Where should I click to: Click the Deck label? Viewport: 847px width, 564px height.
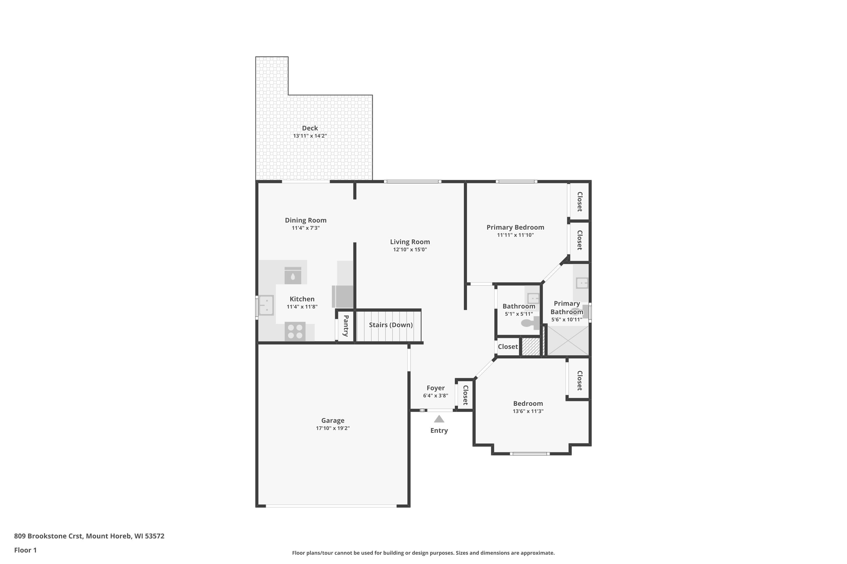[310, 128]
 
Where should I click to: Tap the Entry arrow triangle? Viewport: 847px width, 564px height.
[439, 419]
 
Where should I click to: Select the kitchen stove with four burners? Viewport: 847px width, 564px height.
[295, 331]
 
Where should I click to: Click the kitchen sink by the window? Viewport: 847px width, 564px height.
[266, 305]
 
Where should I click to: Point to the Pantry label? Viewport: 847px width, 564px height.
[346, 326]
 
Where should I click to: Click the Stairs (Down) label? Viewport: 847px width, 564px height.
[391, 325]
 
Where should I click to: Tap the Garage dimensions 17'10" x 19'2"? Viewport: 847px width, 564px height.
[333, 428]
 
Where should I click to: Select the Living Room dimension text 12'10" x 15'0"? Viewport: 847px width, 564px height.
[410, 250]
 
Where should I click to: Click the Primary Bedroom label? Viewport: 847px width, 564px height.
[515, 227]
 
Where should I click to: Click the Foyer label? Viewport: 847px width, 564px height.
[435, 388]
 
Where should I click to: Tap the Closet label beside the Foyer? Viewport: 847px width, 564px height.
[465, 395]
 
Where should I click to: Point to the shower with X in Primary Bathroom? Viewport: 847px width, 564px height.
[568, 340]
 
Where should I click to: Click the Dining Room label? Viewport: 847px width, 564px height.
[305, 220]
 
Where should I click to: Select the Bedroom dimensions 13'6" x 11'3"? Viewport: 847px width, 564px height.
[528, 411]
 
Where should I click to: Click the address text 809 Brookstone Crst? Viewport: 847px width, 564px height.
[49, 536]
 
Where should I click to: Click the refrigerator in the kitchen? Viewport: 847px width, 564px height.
[342, 296]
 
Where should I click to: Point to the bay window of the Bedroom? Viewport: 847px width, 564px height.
[530, 453]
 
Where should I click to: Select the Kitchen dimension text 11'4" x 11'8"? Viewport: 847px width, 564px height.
[302, 307]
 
